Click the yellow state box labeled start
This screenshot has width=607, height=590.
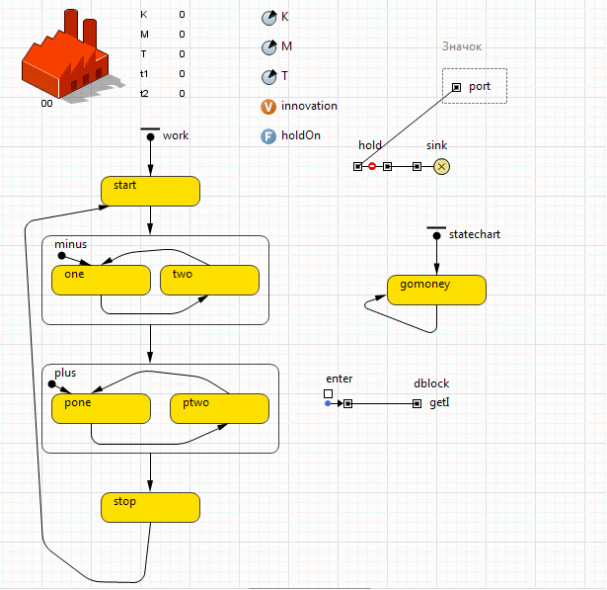click(150, 191)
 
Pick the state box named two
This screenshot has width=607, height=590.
click(209, 280)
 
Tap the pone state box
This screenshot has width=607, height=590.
click(101, 408)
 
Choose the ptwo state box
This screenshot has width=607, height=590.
click(219, 408)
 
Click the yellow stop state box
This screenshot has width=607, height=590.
click(150, 507)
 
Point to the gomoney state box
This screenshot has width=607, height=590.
click(436, 290)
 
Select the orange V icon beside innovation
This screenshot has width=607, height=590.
click(268, 107)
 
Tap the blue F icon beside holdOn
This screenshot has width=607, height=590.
click(268, 136)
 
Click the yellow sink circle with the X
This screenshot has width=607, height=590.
click(442, 166)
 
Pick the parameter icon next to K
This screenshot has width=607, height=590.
click(268, 18)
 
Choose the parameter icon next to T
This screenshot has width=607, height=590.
click(268, 77)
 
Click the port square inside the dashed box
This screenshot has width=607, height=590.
click(456, 87)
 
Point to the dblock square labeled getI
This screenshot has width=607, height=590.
click(417, 403)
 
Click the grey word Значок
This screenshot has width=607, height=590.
click(462, 46)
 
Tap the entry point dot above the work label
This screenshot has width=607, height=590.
click(150, 137)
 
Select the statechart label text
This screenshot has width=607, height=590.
click(475, 235)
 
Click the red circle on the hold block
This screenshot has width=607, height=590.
click(372, 166)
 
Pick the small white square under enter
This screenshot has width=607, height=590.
click(328, 393)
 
